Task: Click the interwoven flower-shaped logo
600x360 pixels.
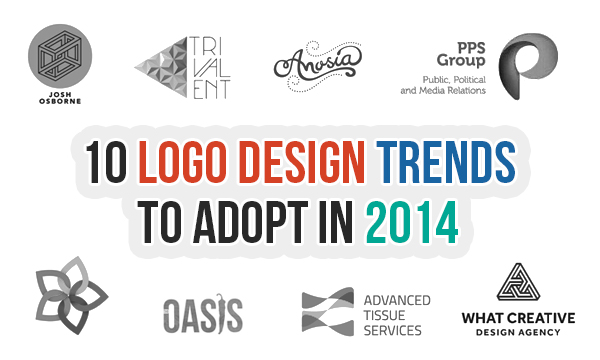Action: (x=62, y=300)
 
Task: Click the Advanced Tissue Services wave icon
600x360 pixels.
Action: (x=328, y=313)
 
